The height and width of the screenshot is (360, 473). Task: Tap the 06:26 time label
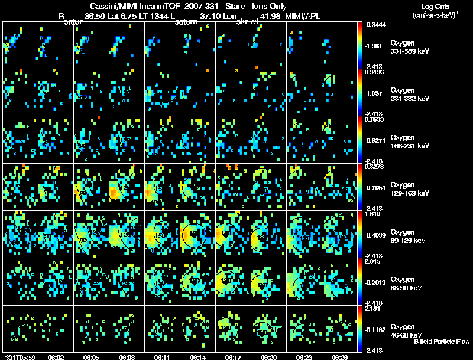(x=339, y=357)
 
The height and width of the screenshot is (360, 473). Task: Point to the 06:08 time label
(x=127, y=357)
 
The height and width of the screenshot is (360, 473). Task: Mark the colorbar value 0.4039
(x=374, y=236)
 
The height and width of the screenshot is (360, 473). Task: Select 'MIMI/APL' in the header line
(x=304, y=16)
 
